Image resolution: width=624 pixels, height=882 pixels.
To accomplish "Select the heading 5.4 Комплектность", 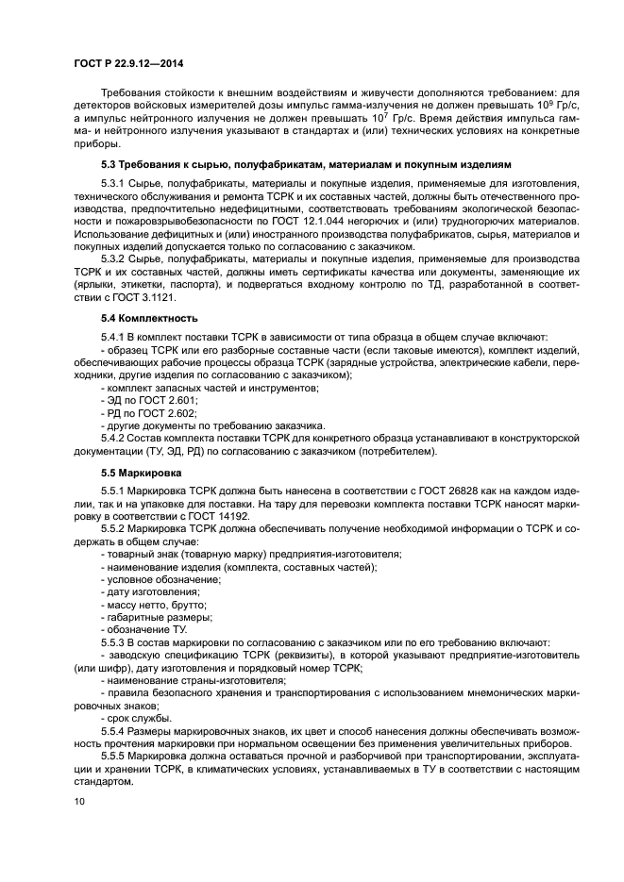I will tap(134, 318).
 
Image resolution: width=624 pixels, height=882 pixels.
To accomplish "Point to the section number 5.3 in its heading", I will tap(110, 164).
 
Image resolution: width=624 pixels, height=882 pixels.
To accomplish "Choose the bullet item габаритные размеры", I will tap(147, 615).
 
